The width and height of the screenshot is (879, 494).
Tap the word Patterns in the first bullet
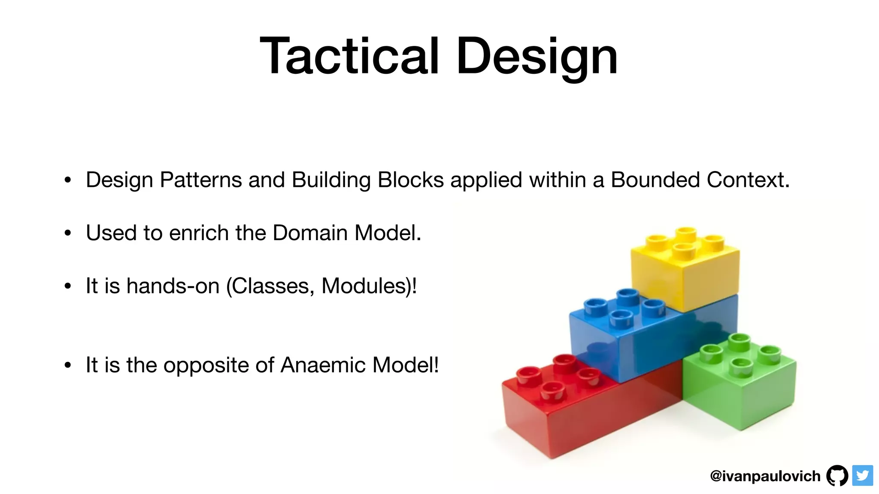(201, 180)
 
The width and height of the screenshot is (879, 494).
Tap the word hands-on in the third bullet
(173, 286)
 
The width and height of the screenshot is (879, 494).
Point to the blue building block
(622, 343)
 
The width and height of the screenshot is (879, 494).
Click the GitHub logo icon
(837, 476)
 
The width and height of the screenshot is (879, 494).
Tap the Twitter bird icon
(862, 476)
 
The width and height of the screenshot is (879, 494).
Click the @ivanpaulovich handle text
(765, 476)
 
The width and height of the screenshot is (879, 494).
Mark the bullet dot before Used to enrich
(67, 233)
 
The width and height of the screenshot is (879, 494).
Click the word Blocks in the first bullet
(411, 180)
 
